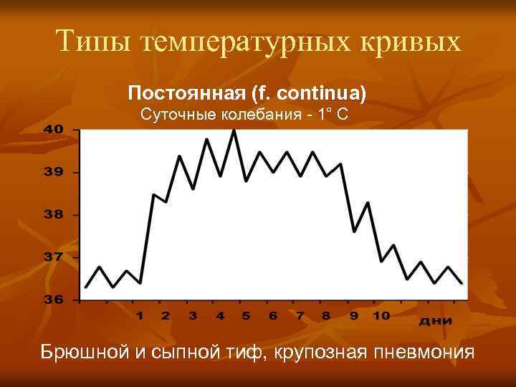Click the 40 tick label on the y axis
[54, 129]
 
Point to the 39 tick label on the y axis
[54, 172]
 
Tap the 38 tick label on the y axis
[54, 214]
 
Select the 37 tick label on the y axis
[54, 257]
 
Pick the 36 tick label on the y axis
[54, 300]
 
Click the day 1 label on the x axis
[140, 315]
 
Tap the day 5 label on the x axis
[245, 315]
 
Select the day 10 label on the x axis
[381, 315]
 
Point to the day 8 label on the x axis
[326, 315]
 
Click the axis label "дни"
[436, 320]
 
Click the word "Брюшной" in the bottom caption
[82, 352]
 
